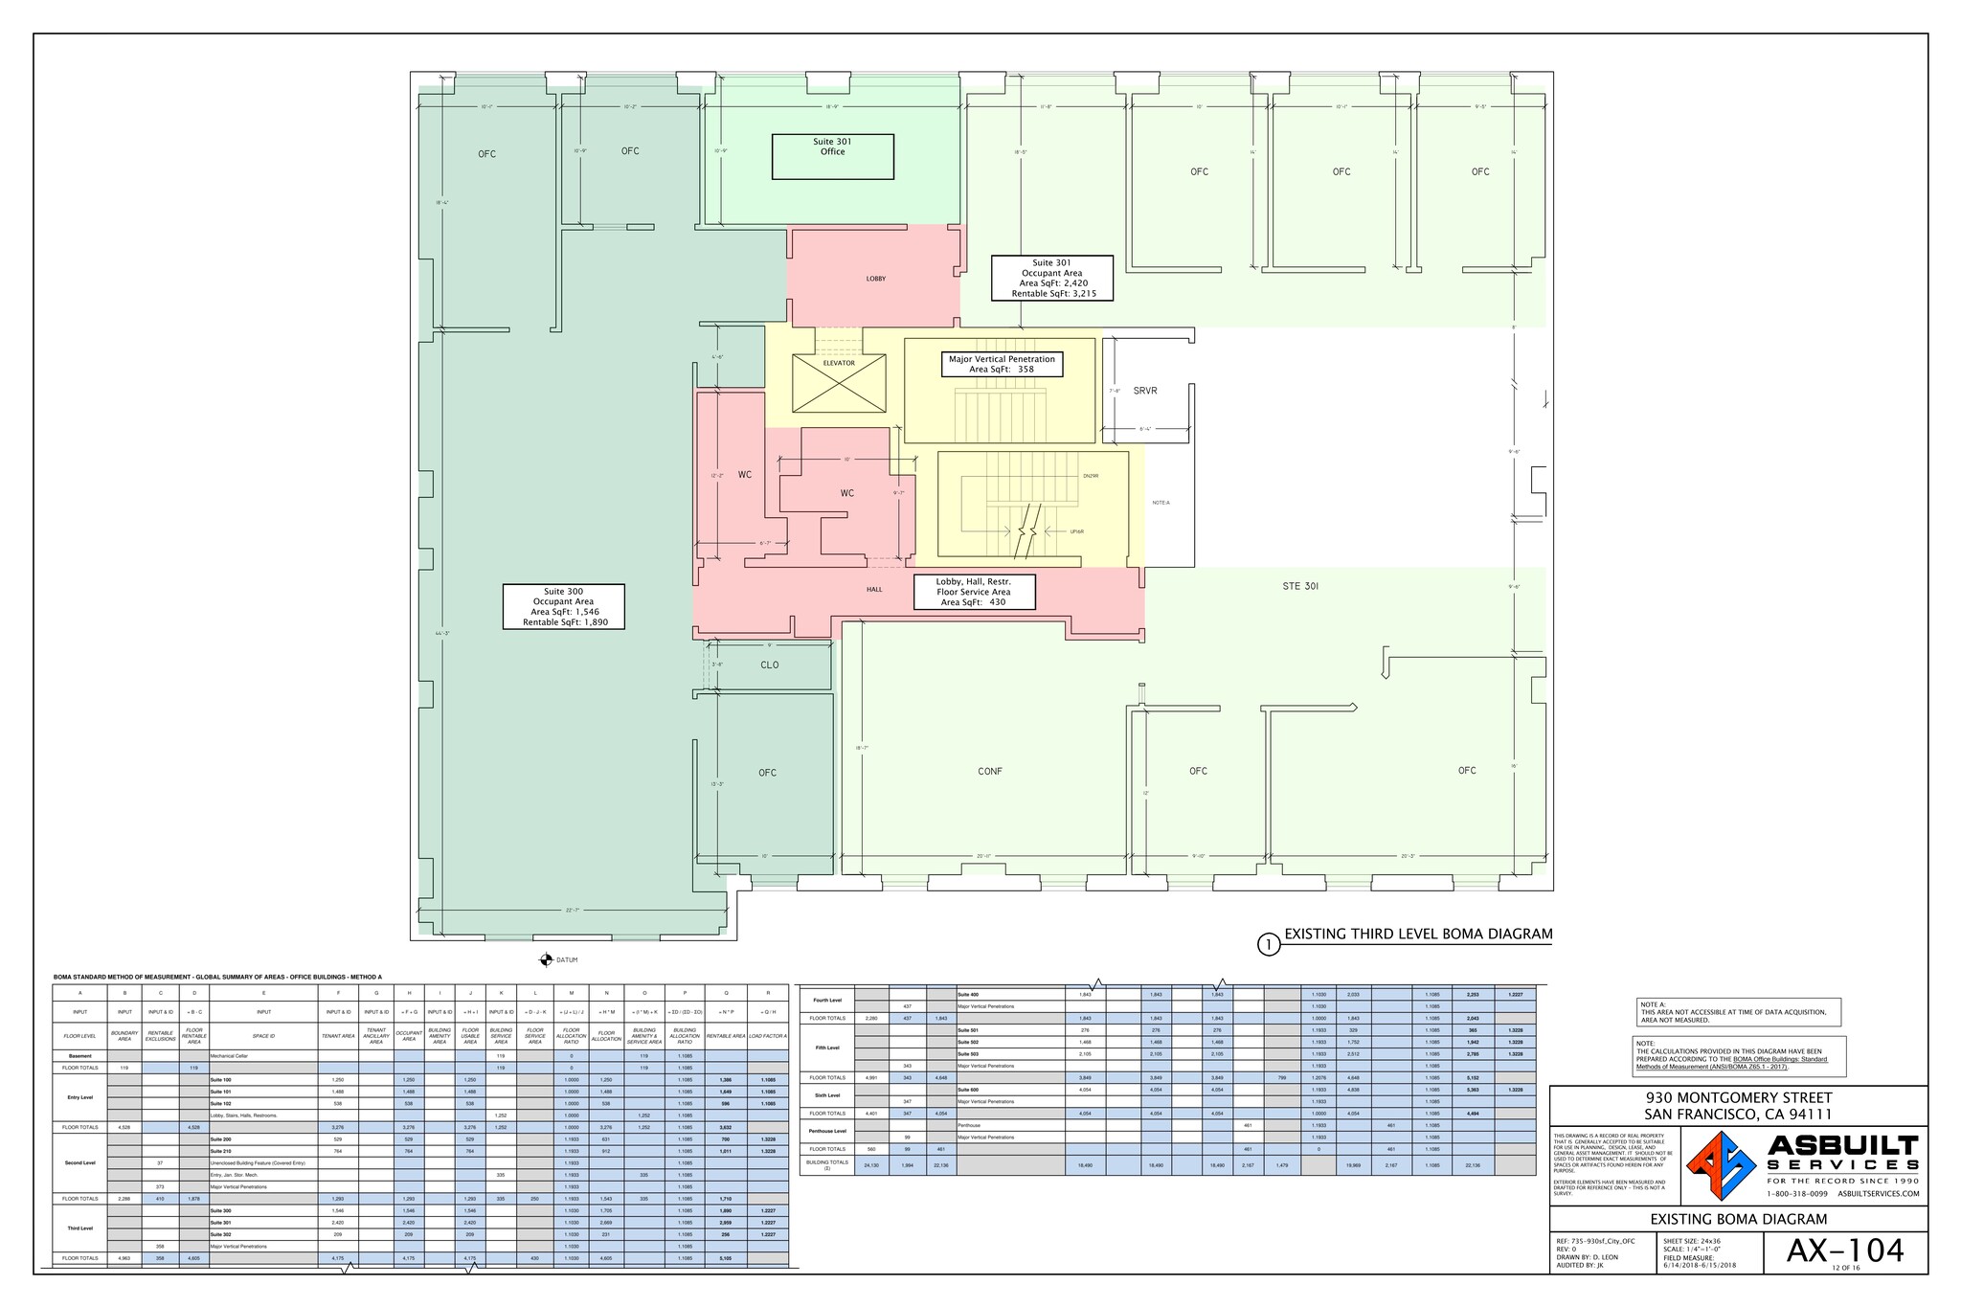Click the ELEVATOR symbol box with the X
click(x=839, y=383)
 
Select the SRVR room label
click(x=1145, y=391)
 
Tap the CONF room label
click(x=990, y=771)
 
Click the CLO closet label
click(x=770, y=665)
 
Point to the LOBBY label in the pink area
click(x=876, y=279)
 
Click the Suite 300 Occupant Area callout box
click(x=563, y=606)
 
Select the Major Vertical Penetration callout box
click(x=1002, y=364)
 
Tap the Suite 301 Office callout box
click(x=832, y=156)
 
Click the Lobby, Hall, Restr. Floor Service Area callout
click(x=973, y=592)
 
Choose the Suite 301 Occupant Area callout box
click(x=1051, y=278)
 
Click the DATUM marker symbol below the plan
click(x=546, y=958)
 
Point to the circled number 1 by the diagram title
click(x=1269, y=945)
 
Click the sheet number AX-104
click(x=1844, y=1250)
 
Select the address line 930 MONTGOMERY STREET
click(x=1738, y=1097)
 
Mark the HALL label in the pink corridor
click(x=874, y=590)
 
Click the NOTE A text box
click(x=1738, y=1012)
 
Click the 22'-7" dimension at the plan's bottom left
click(x=573, y=910)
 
